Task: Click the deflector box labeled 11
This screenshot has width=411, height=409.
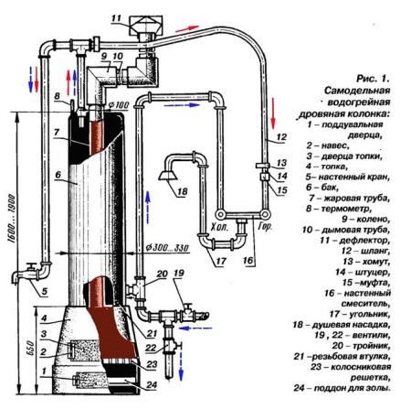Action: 146,25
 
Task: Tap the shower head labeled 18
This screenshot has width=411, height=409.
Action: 168,175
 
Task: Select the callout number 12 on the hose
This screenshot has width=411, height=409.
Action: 281,137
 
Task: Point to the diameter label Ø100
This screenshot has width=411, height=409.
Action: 119,105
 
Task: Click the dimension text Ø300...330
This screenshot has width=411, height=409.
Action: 167,247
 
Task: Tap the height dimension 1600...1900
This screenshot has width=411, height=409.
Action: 12,218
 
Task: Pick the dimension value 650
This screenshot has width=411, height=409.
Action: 31,349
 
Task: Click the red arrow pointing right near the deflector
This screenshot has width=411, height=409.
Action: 187,28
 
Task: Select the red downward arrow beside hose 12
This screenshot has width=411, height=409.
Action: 273,113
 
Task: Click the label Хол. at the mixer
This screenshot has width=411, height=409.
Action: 219,227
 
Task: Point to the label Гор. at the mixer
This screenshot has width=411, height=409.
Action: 265,227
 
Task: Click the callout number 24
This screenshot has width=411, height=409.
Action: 152,385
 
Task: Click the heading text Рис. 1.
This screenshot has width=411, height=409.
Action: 373,79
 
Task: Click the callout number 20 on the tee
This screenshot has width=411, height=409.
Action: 162,274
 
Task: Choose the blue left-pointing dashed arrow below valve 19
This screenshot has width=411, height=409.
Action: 195,328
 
